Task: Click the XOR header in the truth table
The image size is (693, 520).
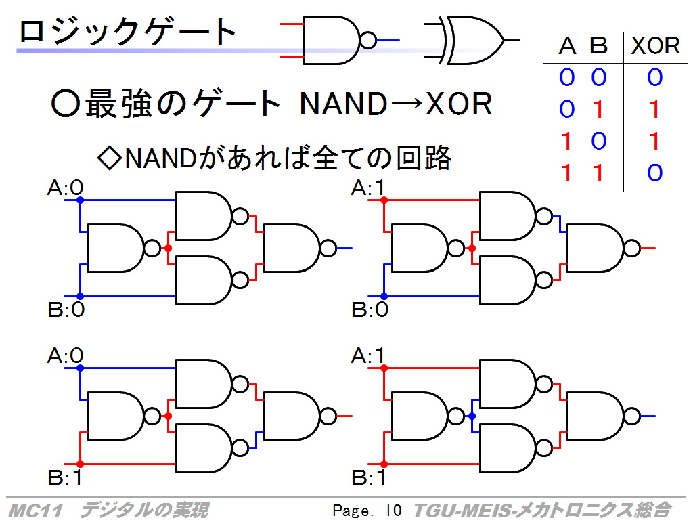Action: (x=655, y=45)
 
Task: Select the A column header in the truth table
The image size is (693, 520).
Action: (x=568, y=46)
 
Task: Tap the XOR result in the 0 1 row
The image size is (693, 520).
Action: (x=654, y=109)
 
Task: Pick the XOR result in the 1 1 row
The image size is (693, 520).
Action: (x=655, y=173)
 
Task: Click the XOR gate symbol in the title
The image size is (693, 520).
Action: (x=471, y=41)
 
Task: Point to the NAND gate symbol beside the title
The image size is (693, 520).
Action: (x=340, y=41)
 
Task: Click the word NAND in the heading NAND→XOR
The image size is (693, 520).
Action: (x=343, y=104)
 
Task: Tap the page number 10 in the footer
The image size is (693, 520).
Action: (x=393, y=511)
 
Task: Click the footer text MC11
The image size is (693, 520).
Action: (x=35, y=511)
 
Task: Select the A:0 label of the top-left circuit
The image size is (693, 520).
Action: (x=66, y=188)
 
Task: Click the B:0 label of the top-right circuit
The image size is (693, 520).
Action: (x=370, y=309)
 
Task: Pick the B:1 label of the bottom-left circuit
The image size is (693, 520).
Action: (x=64, y=477)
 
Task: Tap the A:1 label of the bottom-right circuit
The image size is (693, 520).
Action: (x=367, y=356)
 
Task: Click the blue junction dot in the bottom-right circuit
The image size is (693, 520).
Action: (x=472, y=416)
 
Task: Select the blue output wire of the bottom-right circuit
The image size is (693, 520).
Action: (x=648, y=416)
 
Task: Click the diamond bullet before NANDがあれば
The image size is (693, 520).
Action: (x=109, y=158)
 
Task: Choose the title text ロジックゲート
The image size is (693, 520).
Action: (x=127, y=31)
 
